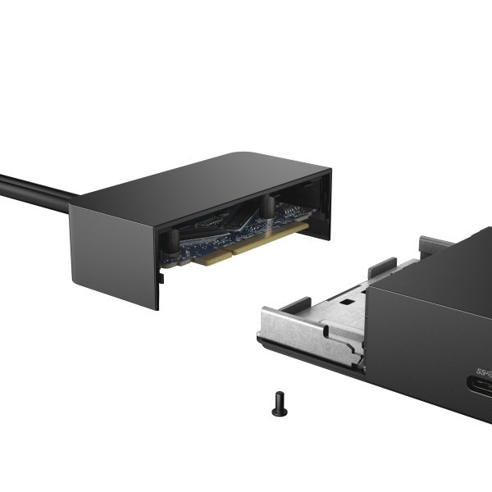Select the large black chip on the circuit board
(246, 216)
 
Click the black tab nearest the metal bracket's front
(296, 304)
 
